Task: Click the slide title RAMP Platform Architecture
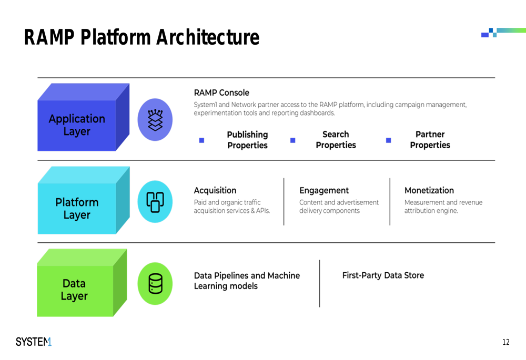pyautogui.click(x=141, y=37)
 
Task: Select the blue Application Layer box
pyautogui.click(x=84, y=117)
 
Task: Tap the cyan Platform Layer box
pyautogui.click(x=84, y=200)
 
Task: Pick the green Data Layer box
pyautogui.click(x=82, y=283)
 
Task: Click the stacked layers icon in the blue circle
pyautogui.click(x=155, y=120)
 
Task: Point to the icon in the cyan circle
pyautogui.click(x=155, y=202)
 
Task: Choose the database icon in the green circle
pyautogui.click(x=155, y=284)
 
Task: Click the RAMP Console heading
pyautogui.click(x=221, y=92)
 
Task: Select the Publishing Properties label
pyautogui.click(x=248, y=140)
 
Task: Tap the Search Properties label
pyautogui.click(x=336, y=139)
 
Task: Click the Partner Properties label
pyautogui.click(x=430, y=139)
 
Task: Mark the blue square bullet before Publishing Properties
pyautogui.click(x=201, y=140)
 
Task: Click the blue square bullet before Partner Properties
pyautogui.click(x=389, y=140)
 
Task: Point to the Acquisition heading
pyautogui.click(x=215, y=190)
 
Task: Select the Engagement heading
pyautogui.click(x=324, y=190)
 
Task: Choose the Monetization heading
pyautogui.click(x=429, y=190)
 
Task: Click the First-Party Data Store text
pyautogui.click(x=383, y=275)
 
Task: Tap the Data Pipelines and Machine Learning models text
pyautogui.click(x=247, y=281)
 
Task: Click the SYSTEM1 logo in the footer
pyautogui.click(x=34, y=342)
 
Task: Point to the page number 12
pyautogui.click(x=506, y=342)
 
